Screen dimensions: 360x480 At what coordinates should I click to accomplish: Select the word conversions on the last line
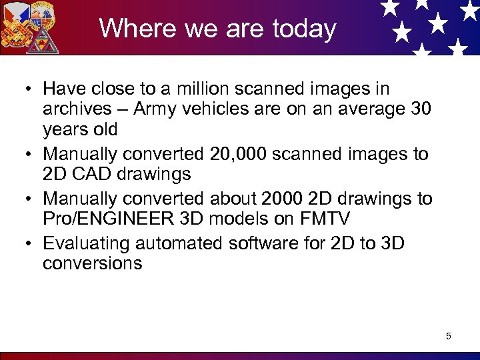92,263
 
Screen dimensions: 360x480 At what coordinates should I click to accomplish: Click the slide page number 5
449,336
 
